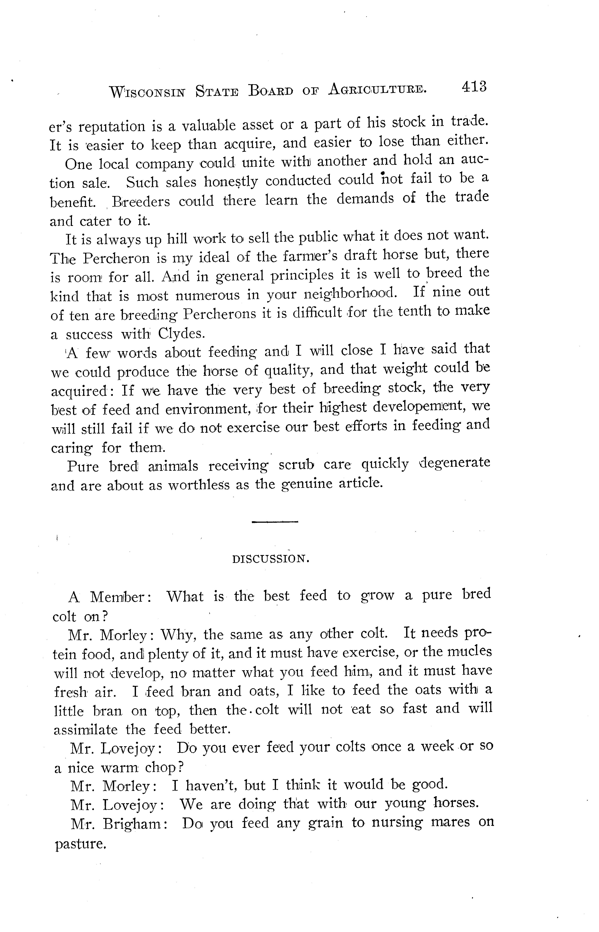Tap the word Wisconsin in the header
(x=148, y=92)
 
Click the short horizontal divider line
(x=275, y=521)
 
